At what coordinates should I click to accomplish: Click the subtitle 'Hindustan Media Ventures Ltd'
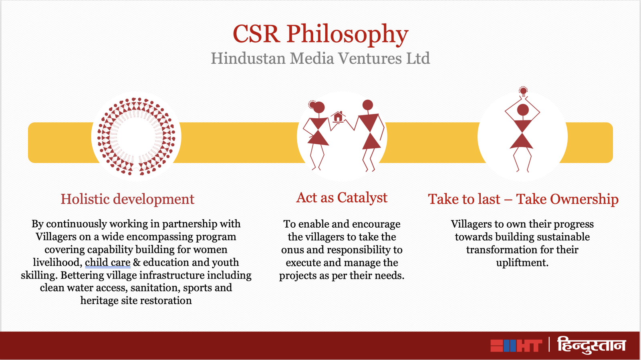pyautogui.click(x=320, y=58)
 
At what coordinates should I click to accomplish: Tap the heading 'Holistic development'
pyautogui.click(x=127, y=199)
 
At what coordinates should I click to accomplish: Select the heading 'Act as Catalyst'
pyautogui.click(x=342, y=198)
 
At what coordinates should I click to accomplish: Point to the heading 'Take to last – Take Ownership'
pyautogui.click(x=523, y=199)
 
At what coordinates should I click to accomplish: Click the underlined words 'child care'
pyautogui.click(x=108, y=262)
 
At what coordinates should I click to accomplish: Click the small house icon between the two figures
pyautogui.click(x=338, y=117)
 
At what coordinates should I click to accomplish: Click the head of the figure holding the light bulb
pyautogui.click(x=523, y=110)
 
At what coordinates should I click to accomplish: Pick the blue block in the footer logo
pyautogui.click(x=510, y=346)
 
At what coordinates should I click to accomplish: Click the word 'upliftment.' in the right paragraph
pyautogui.click(x=522, y=263)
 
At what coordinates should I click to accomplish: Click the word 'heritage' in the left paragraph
pyautogui.click(x=99, y=301)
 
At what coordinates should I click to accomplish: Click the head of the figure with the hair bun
pyautogui.click(x=318, y=107)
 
